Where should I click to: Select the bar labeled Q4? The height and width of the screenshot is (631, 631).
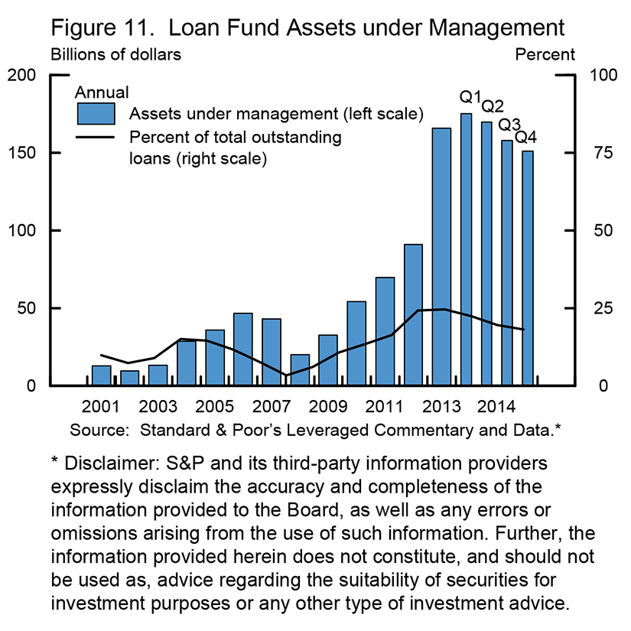tap(529, 268)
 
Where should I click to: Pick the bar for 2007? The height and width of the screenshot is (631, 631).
tap(272, 352)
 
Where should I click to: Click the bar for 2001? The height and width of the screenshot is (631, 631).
tap(102, 376)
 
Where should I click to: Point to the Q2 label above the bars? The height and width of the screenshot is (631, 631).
tap(491, 106)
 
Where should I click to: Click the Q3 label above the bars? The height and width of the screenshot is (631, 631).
tap(509, 124)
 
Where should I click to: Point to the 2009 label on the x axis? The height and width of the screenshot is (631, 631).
tap(327, 405)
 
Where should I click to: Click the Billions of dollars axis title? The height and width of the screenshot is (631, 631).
tap(116, 55)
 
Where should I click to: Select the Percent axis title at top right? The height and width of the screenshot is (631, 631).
tap(545, 55)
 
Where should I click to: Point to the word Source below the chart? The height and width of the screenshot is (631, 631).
tap(99, 429)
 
